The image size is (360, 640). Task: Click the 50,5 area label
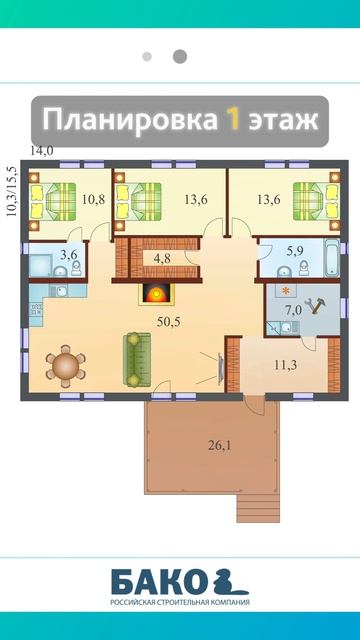[169, 322]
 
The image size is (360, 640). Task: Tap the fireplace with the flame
[157, 293]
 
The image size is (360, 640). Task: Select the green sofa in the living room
[137, 359]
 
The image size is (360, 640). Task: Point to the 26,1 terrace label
[220, 445]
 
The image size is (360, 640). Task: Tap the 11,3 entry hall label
[285, 364]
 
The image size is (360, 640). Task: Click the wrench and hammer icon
[316, 306]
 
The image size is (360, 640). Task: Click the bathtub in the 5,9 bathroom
[332, 258]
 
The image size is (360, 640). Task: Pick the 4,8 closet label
[151, 258]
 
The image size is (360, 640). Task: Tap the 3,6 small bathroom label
[69, 256]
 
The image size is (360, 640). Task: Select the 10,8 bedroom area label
[93, 200]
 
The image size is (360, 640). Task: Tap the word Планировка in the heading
[130, 121]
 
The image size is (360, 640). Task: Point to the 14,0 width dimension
[42, 151]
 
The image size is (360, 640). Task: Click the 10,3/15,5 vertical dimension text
[13, 191]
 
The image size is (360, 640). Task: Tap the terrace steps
[258, 508]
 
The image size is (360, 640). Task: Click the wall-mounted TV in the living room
[221, 369]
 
